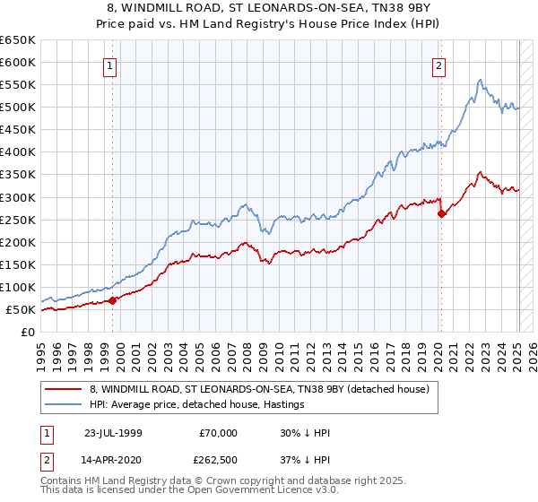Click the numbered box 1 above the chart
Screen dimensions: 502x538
pos(108,65)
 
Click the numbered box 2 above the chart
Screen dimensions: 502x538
pos(439,65)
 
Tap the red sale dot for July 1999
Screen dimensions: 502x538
pos(113,300)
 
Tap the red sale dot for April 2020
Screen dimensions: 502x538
pos(441,213)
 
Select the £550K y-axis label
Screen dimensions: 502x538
pos(19,85)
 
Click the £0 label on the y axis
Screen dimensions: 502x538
pos(28,332)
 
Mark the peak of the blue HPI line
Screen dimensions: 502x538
pos(481,80)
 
